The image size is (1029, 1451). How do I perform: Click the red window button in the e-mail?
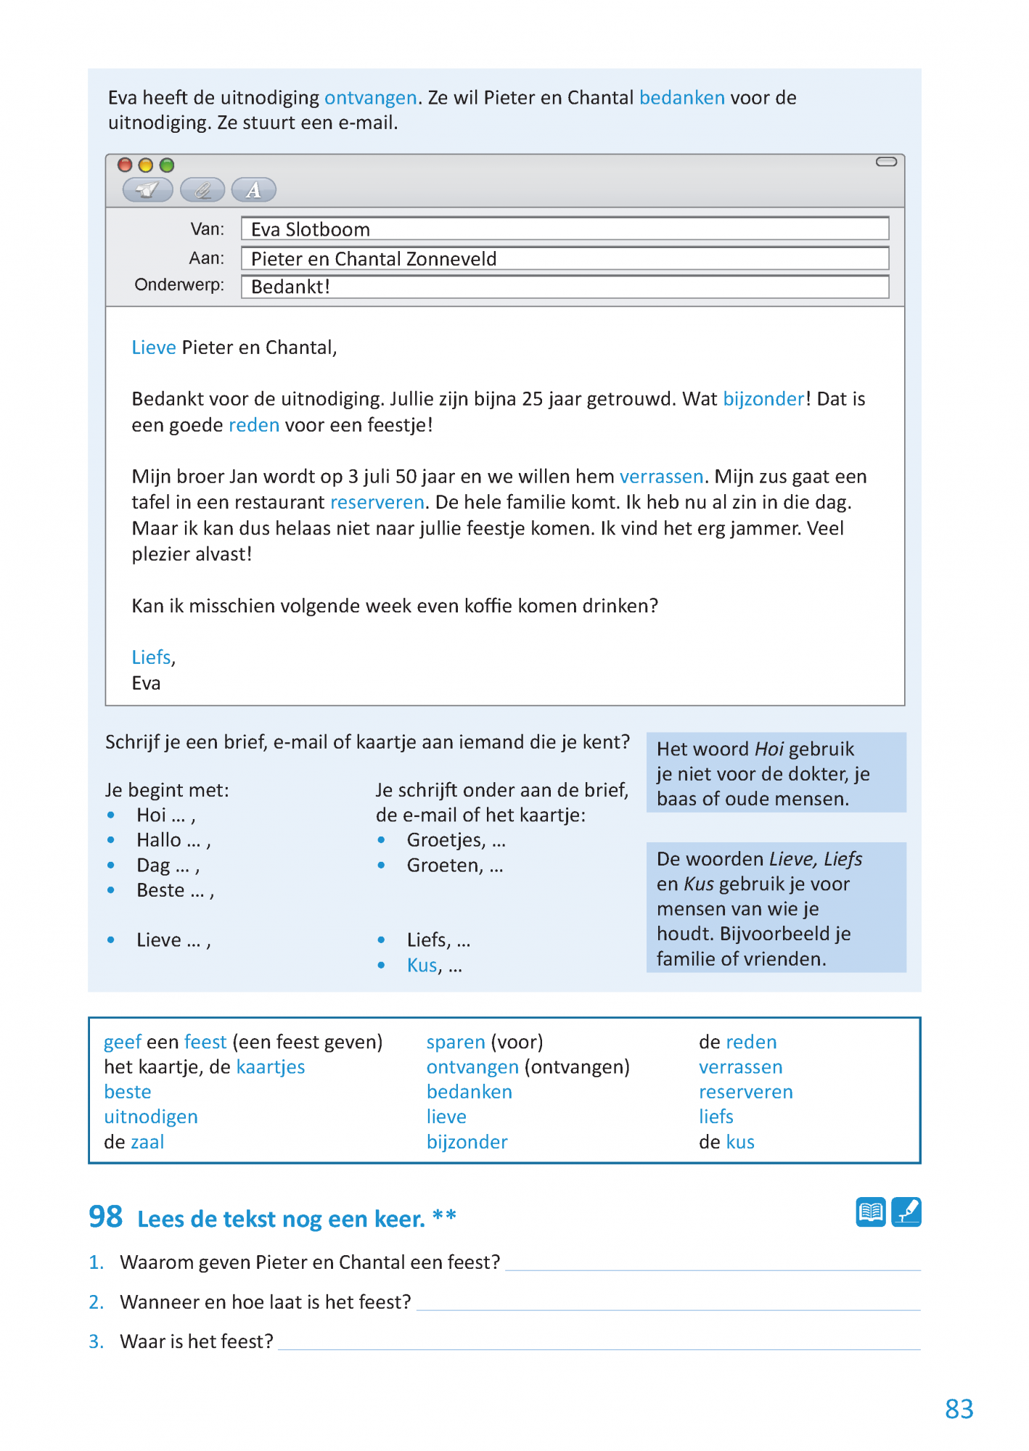125,165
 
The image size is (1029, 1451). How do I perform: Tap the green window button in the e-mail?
167,165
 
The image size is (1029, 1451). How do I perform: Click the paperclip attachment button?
202,190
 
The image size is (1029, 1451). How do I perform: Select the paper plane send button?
148,190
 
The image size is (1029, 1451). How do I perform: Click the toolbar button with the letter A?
253,190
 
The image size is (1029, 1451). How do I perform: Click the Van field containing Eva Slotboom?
565,229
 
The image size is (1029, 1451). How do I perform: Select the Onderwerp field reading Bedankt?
565,287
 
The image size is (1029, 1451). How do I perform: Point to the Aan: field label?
207,258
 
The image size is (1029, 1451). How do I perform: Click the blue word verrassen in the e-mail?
661,477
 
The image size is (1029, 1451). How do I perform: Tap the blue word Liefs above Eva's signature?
152,657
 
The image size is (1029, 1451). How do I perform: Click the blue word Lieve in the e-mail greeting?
154,348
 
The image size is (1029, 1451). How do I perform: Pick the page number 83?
959,1409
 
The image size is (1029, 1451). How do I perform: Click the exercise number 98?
106,1217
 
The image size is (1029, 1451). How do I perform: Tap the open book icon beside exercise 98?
870,1212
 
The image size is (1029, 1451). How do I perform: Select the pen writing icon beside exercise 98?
906,1212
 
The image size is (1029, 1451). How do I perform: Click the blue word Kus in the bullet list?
422,966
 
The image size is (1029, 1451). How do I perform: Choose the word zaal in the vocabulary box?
147,1142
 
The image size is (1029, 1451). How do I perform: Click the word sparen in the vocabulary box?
456,1042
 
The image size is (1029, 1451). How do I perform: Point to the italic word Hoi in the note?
768,749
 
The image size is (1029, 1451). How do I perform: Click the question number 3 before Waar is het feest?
96,1341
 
